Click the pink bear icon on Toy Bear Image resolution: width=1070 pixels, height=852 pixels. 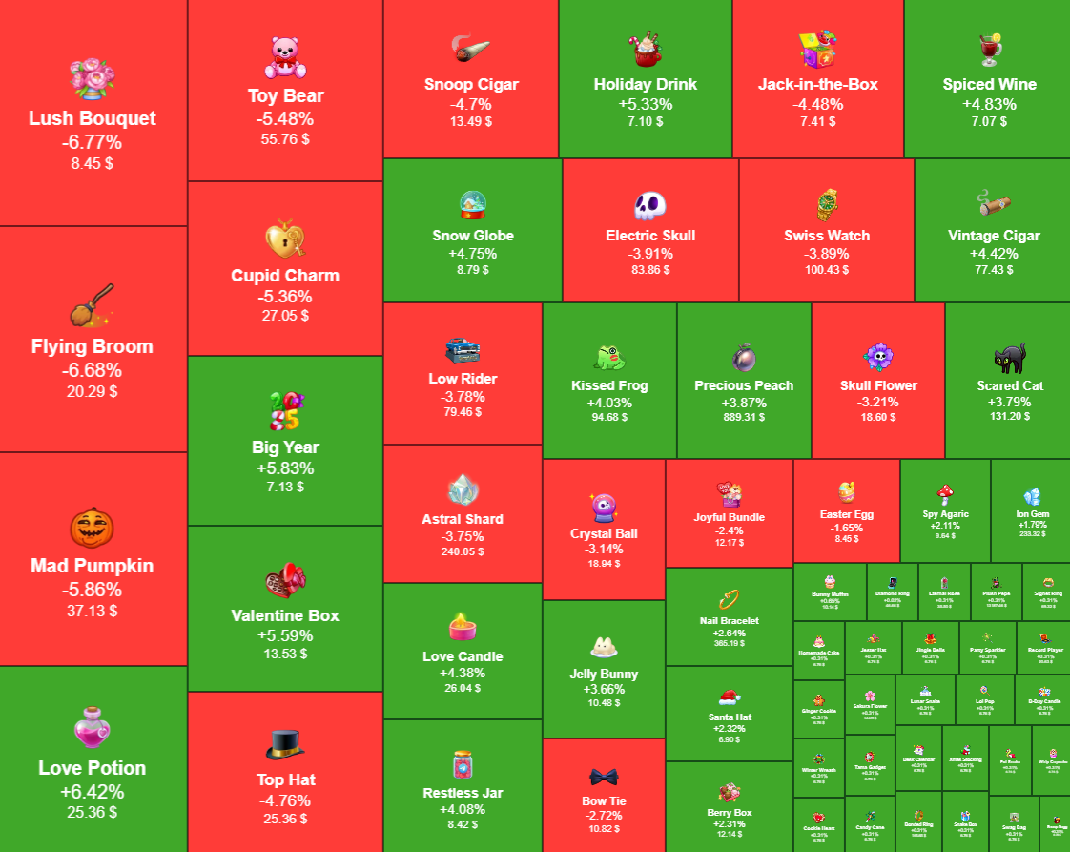tap(285, 57)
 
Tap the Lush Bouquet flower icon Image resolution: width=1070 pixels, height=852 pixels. tap(93, 78)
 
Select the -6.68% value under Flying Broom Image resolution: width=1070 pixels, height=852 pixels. tap(93, 369)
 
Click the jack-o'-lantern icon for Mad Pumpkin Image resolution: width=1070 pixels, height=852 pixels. tap(93, 528)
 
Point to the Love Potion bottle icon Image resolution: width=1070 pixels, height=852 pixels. tap(93, 729)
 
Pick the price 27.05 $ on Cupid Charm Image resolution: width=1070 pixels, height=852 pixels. tap(285, 316)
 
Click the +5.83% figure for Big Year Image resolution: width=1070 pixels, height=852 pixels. tap(285, 468)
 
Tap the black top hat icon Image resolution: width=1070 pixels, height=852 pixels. tap(285, 743)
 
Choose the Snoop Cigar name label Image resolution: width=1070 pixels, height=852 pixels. tap(471, 84)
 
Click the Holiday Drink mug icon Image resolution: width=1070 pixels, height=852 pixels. tap(645, 49)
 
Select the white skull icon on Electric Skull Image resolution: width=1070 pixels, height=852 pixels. tap(649, 205)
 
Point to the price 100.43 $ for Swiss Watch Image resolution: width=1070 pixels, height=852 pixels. tap(826, 270)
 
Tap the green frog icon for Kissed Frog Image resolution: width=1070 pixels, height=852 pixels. tap(608, 357)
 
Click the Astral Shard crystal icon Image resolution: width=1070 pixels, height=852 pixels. tap(463, 489)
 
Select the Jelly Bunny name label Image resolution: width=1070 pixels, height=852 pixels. tap(604, 674)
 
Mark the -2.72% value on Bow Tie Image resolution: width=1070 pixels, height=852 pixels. tap(603, 816)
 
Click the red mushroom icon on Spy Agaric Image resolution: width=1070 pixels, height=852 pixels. tap(946, 493)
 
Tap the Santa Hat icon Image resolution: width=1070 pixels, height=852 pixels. tap(730, 696)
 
